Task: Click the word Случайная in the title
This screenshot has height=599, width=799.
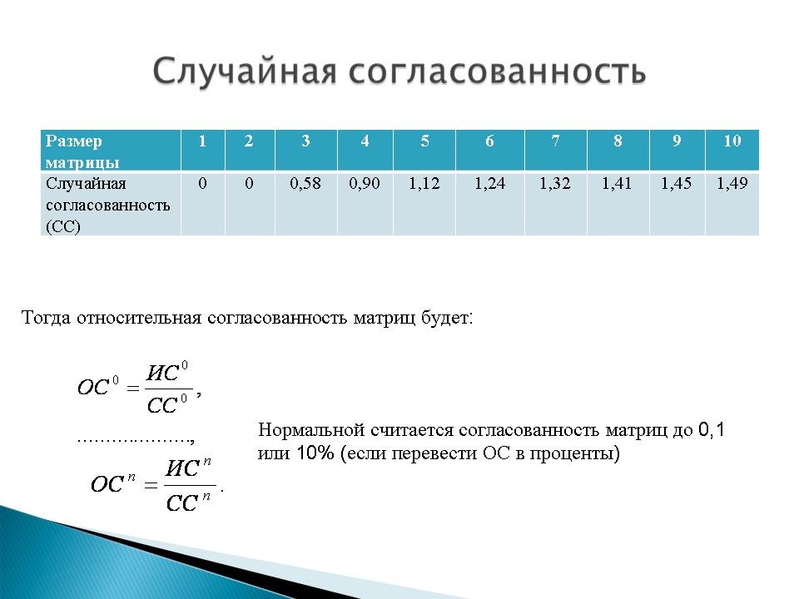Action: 245,71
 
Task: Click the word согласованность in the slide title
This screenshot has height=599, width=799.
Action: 498,71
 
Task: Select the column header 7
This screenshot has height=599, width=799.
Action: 555,141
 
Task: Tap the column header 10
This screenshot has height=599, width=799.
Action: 732,141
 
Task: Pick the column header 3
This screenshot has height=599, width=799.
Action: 305,141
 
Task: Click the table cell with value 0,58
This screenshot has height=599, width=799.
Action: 305,183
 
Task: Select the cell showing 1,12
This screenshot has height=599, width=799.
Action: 424,183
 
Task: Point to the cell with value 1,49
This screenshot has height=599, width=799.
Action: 732,183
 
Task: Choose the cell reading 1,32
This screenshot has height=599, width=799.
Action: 555,183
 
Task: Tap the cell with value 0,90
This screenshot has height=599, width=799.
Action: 365,183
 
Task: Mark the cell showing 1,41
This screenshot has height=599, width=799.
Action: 617,183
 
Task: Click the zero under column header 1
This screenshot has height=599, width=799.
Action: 202,183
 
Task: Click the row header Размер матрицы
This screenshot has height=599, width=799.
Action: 82,151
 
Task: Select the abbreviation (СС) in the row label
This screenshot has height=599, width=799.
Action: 63,226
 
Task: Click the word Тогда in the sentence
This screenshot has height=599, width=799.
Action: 46,317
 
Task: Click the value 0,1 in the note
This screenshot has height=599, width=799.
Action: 711,430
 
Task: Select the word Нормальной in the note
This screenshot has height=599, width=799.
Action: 311,430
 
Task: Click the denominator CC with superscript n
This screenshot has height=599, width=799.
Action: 188,502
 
